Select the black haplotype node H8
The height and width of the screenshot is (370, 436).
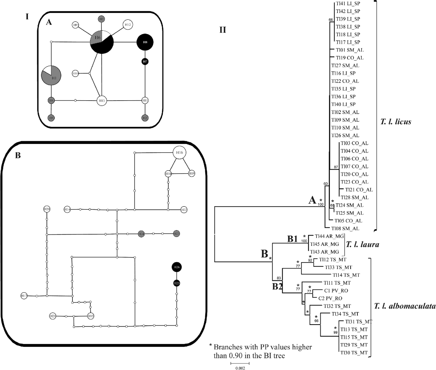(145, 43)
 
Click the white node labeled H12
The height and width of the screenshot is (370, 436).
(128, 25)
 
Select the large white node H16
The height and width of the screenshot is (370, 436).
(179, 153)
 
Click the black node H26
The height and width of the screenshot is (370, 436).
(176, 267)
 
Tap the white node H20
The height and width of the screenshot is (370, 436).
(47, 209)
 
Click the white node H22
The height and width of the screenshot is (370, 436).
(184, 210)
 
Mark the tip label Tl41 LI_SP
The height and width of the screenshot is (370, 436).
(348, 3)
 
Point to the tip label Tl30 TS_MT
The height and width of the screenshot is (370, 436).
(354, 353)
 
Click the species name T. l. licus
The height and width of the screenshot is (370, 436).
(395, 121)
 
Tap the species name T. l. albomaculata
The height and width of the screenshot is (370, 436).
(404, 306)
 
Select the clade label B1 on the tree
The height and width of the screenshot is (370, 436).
(292, 239)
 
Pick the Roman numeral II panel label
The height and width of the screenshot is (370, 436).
(223, 30)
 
